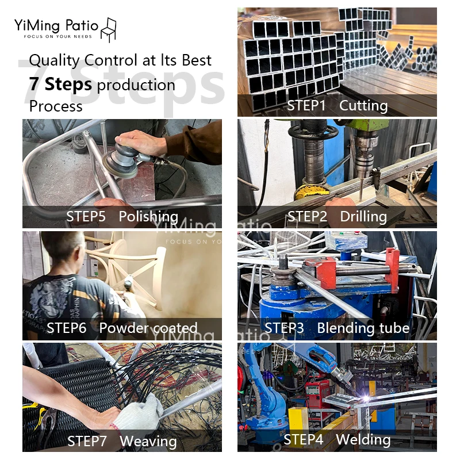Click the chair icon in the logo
pyautogui.click(x=109, y=30)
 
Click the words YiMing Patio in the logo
pyautogui.click(x=56, y=25)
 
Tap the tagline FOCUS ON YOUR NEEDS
pyautogui.click(x=58, y=37)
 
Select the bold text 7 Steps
pyautogui.click(x=60, y=84)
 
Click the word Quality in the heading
pyautogui.click(x=54, y=61)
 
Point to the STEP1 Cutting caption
pyautogui.click(x=337, y=106)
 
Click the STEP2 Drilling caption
pyautogui.click(x=337, y=217)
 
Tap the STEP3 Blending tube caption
pyautogui.click(x=337, y=328)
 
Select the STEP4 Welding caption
pyautogui.click(x=337, y=439)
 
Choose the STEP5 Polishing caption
pyautogui.click(x=122, y=217)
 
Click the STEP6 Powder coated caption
pyautogui.click(x=122, y=328)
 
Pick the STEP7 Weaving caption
pyautogui.click(x=122, y=441)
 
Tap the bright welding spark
pyautogui.click(x=366, y=398)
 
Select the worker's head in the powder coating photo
pyautogui.click(x=63, y=249)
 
